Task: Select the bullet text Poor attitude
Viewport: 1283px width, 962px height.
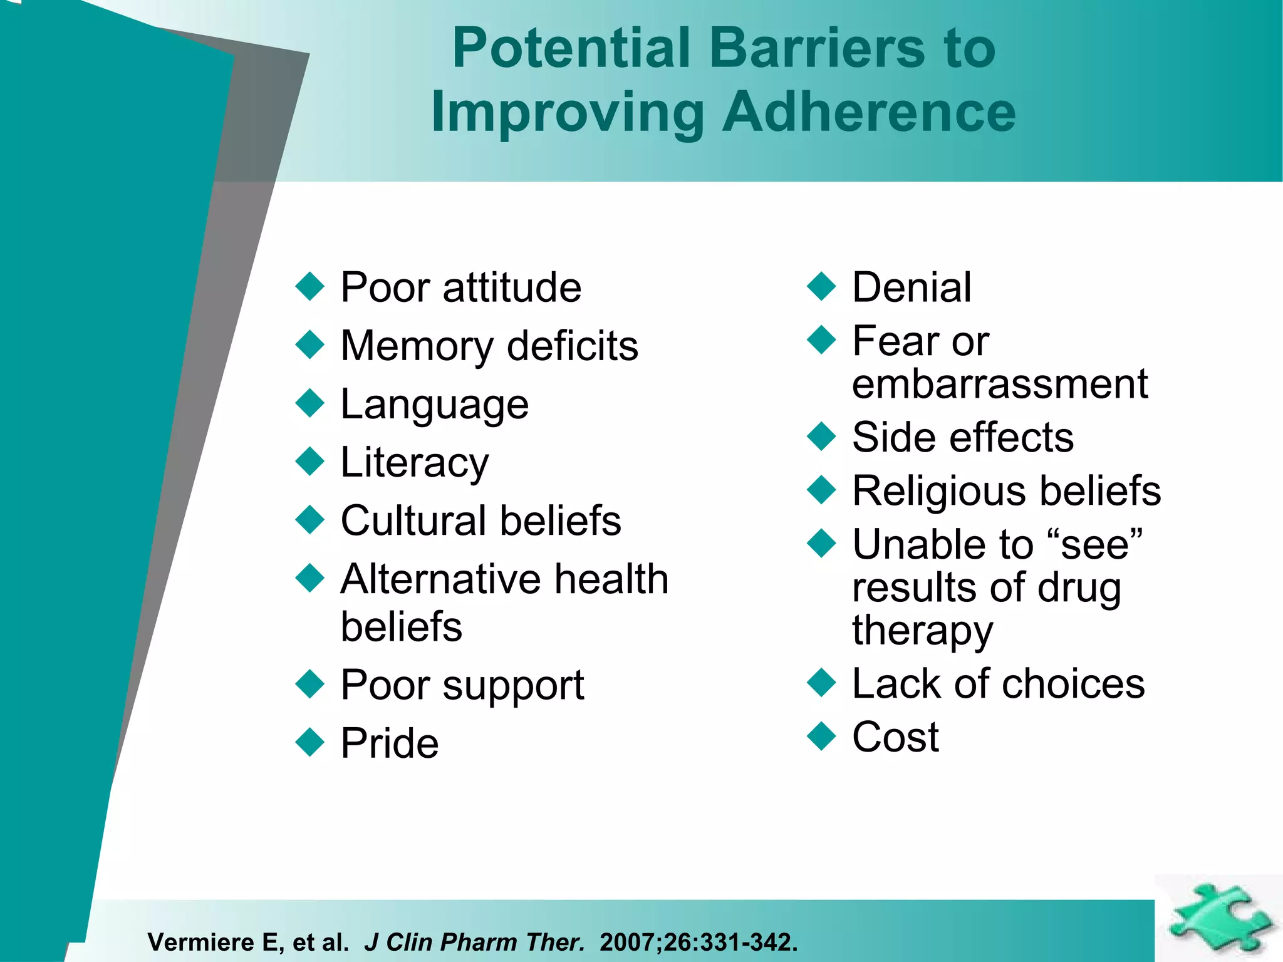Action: coord(460,287)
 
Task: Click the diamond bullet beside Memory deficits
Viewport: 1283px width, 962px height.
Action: coord(309,344)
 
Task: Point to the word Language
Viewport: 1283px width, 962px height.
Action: coord(434,405)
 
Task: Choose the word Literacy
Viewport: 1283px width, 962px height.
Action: coord(414,463)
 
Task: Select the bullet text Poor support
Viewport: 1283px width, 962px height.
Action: coord(462,685)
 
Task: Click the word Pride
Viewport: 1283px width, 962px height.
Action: coord(389,743)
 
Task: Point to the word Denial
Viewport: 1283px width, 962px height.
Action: coord(912,287)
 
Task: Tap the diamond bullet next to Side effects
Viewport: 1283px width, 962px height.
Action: coord(821,436)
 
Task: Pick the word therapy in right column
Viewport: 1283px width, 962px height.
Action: coord(922,631)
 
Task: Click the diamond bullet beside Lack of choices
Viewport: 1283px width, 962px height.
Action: coord(821,683)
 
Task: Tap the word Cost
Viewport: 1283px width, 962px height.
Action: coord(895,737)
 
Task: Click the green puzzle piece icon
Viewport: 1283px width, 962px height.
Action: coord(1218,918)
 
